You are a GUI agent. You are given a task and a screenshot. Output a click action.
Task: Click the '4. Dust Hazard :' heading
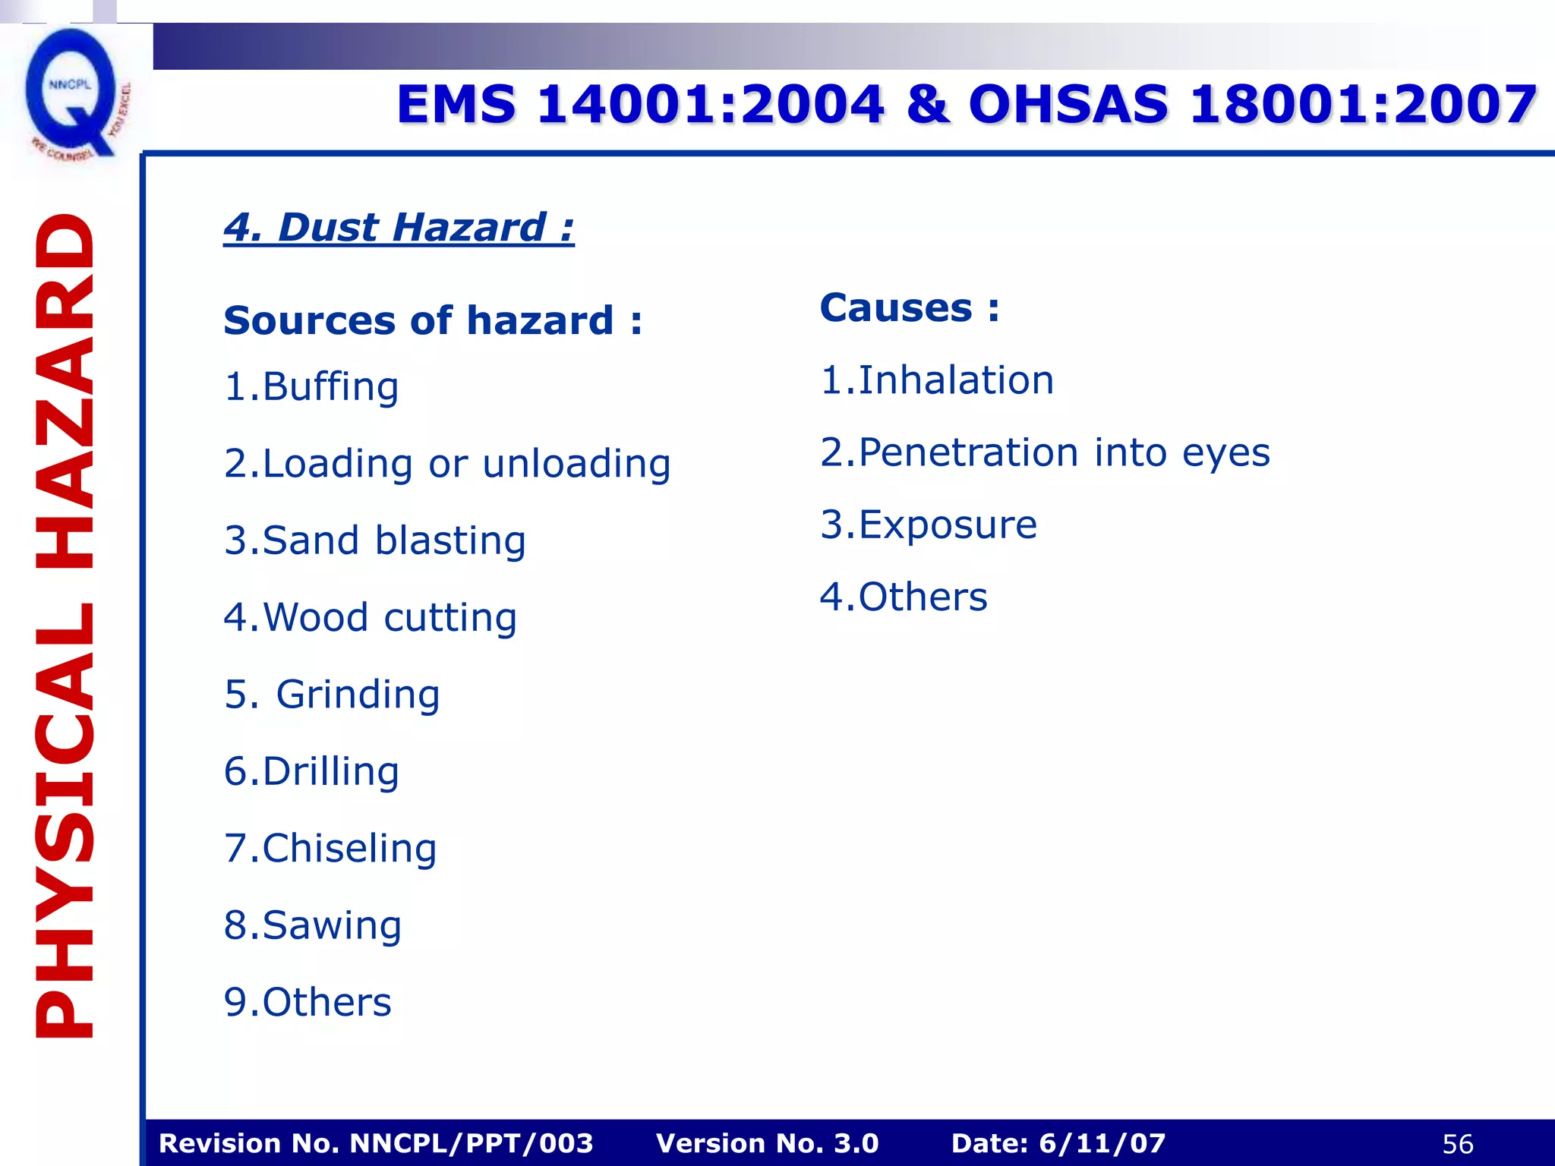[x=399, y=227]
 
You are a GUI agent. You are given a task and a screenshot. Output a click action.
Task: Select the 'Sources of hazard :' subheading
[x=433, y=320]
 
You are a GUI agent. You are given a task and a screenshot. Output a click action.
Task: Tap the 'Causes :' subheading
[x=910, y=308]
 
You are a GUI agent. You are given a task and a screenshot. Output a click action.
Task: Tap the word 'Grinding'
[x=358, y=695]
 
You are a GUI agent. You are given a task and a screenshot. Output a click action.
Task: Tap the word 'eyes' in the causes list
[x=1225, y=453]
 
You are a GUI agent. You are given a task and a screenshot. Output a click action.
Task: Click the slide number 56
[x=1457, y=1144]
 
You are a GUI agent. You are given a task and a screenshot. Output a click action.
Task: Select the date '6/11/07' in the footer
[x=1102, y=1143]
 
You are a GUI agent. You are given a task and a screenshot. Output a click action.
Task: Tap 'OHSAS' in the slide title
[x=1068, y=104]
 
